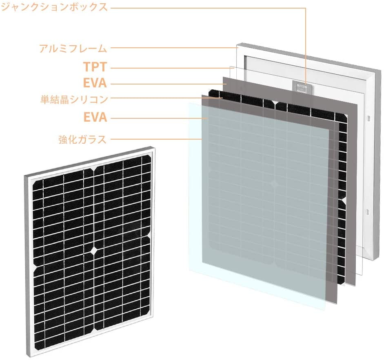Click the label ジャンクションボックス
pyautogui.click(x=54, y=7)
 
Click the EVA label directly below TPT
pyautogui.click(x=95, y=83)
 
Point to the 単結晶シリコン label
pyautogui.click(x=73, y=99)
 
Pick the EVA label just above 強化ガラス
pyautogui.click(x=95, y=118)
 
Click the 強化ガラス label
pyautogui.click(x=82, y=140)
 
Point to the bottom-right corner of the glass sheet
pyautogui.click(x=325, y=309)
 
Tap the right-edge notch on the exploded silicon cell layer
pyautogui.click(x=344, y=200)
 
